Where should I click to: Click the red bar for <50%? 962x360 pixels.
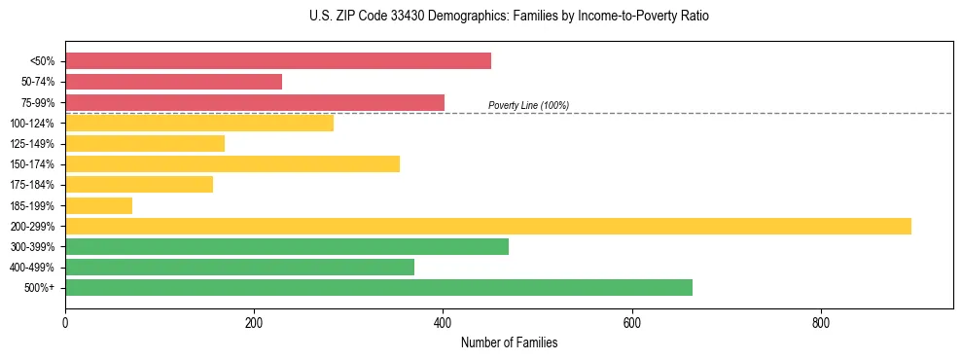pos(278,61)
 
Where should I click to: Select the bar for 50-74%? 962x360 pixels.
pos(173,82)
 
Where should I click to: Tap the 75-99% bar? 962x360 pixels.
pos(255,102)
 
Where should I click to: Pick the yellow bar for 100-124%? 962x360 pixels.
pos(199,123)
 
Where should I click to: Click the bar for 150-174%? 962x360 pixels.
pos(232,163)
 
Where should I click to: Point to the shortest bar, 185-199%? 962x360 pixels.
pos(98,205)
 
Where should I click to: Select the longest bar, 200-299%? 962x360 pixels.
pos(488,226)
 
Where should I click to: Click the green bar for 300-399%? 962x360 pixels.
pos(287,246)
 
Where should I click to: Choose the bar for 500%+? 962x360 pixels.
pos(378,287)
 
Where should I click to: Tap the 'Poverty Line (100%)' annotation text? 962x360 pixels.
pos(528,105)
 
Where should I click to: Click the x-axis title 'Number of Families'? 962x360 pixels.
pos(509,343)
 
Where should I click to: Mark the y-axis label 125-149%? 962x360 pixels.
pos(32,144)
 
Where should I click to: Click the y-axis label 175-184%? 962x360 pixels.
pos(32,185)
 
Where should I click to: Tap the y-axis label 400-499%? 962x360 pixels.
pos(32,268)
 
